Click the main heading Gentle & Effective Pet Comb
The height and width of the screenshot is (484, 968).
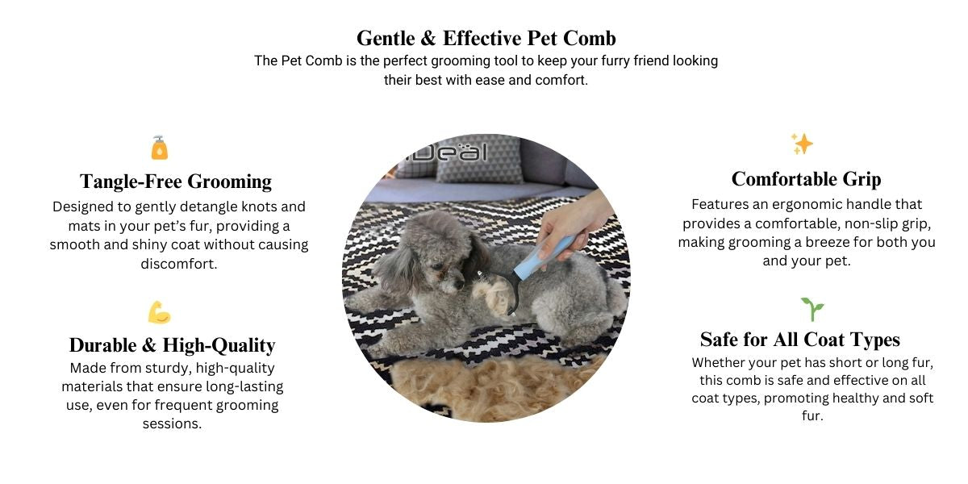(486, 38)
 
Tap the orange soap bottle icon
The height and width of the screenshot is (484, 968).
(160, 148)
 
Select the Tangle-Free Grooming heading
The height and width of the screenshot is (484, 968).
(176, 181)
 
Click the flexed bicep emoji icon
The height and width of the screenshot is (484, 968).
(160, 312)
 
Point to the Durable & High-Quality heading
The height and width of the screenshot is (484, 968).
(172, 346)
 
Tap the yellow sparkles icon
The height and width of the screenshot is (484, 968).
(802, 144)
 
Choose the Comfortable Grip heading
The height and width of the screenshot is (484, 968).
(807, 179)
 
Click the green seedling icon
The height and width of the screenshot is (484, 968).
(812, 309)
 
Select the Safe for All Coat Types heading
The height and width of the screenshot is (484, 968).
(800, 340)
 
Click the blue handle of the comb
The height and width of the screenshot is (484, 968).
(544, 257)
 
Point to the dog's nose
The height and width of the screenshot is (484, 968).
(459, 284)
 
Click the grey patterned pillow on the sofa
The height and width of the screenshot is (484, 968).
(480, 159)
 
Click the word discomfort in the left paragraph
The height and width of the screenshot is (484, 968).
(179, 264)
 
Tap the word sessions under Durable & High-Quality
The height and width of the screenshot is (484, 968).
(172, 424)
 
